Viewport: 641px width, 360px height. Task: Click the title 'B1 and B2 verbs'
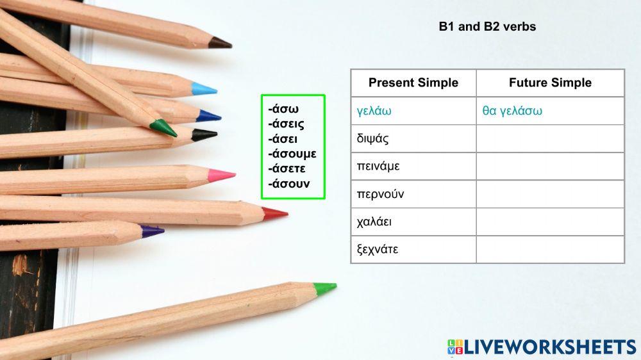coord(487,27)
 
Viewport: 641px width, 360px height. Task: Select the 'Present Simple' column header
coord(413,83)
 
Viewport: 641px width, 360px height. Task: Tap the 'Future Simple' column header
coord(550,83)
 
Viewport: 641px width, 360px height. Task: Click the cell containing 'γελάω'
coord(374,111)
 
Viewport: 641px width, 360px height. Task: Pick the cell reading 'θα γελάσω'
coord(512,111)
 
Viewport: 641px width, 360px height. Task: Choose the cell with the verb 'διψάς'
coord(372,138)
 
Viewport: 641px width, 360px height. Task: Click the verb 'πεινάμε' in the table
coord(378,167)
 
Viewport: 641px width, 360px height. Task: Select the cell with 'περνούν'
coord(380,194)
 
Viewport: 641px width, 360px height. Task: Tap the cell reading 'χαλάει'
coord(374,222)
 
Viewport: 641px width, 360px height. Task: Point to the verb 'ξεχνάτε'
coord(378,249)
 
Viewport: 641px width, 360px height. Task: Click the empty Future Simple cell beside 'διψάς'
coord(550,138)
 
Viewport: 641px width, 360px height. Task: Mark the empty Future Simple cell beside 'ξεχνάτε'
coord(550,249)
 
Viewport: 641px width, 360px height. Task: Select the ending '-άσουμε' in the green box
coord(292,154)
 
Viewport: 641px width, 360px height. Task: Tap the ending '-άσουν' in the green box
coord(289,184)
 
